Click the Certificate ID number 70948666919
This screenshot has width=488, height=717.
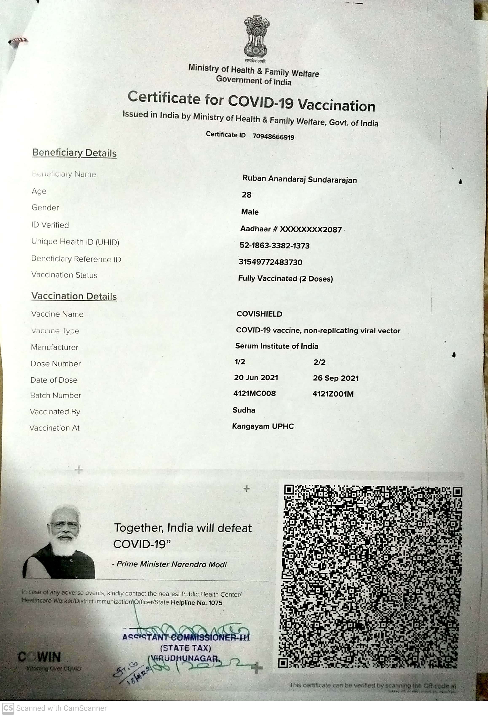click(273, 137)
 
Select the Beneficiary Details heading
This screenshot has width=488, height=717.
click(75, 153)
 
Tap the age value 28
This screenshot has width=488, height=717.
click(247, 195)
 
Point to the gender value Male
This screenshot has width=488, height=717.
click(249, 212)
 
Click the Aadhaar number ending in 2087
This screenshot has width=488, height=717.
click(291, 229)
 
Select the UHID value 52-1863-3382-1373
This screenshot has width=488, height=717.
click(274, 246)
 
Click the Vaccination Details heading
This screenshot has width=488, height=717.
click(74, 296)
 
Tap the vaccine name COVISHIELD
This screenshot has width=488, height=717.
click(259, 314)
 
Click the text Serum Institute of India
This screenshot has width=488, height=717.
click(277, 346)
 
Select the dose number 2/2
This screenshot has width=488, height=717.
click(319, 362)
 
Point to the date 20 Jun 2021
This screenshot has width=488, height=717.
click(256, 378)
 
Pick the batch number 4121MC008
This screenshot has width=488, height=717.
click(255, 393)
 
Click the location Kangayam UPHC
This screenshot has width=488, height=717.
click(263, 426)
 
